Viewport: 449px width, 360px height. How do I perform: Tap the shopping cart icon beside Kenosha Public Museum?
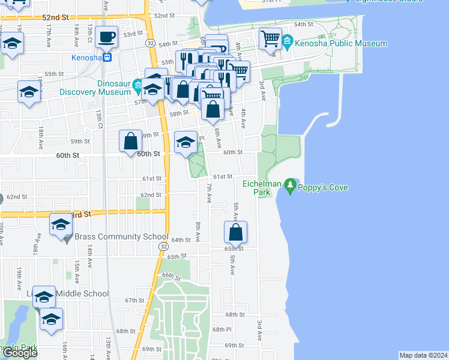point(271,40)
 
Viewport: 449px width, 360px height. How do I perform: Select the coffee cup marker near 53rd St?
point(107,37)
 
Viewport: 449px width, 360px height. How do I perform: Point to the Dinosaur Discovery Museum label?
point(95,87)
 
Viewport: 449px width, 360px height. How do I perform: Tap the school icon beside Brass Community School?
point(61,225)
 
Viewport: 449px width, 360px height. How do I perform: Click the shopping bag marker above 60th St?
point(131,142)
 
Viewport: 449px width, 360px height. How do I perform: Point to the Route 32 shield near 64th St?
point(163,247)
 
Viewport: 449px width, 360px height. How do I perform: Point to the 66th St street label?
point(170,275)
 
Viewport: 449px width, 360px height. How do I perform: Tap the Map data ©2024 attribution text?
point(423,355)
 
